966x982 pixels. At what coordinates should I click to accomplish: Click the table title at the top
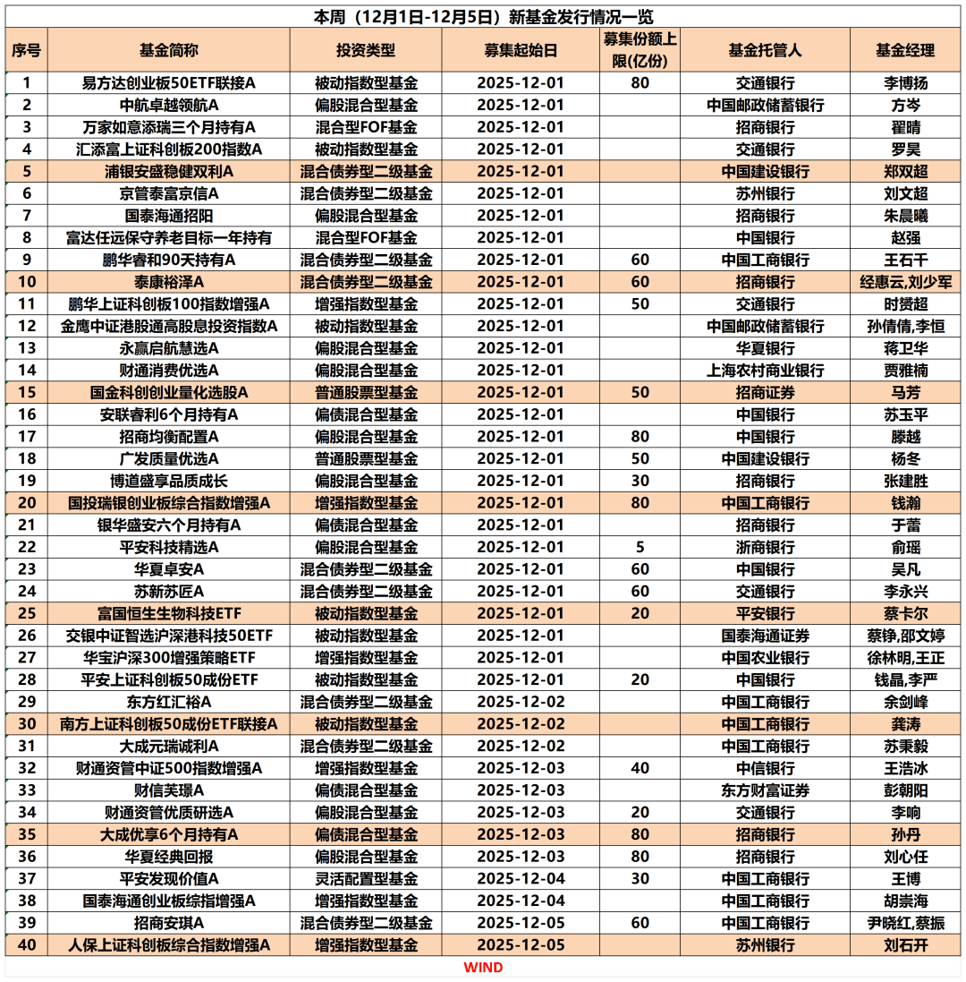click(x=484, y=16)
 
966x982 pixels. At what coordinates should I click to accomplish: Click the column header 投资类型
click(x=365, y=50)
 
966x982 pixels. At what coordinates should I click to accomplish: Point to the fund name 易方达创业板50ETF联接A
click(x=168, y=83)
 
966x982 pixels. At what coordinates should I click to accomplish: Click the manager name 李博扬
click(x=904, y=83)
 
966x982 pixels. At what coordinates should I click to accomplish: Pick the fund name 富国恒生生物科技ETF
click(x=168, y=613)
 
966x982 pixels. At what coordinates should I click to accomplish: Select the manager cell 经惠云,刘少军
click(x=904, y=282)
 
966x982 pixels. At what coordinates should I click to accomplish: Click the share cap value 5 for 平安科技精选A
click(x=640, y=547)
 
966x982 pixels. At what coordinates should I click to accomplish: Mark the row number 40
click(x=27, y=944)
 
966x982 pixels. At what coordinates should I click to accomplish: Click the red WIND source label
click(x=483, y=968)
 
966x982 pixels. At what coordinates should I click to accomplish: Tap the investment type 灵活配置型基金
click(x=365, y=878)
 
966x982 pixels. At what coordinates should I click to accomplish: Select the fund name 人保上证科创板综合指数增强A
click(x=168, y=944)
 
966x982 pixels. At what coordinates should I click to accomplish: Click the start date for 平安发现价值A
click(x=521, y=878)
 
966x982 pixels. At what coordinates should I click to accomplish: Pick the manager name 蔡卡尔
click(x=904, y=613)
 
